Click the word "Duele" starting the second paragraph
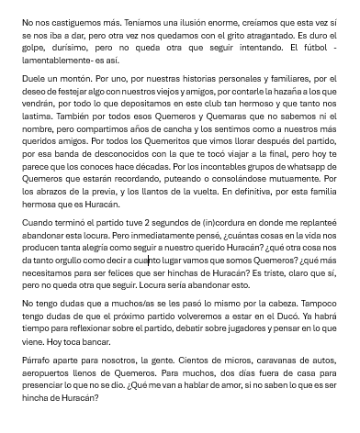[x=36, y=80]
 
